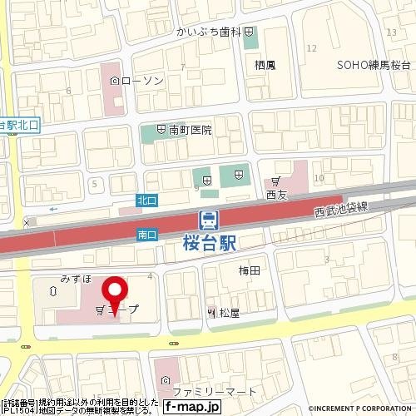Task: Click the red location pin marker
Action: point(114,294)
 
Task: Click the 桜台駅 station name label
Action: point(208,244)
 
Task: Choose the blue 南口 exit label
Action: point(146,236)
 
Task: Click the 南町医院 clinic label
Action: point(191,131)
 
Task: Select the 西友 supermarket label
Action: point(276,195)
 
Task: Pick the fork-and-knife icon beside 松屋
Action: point(211,313)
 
